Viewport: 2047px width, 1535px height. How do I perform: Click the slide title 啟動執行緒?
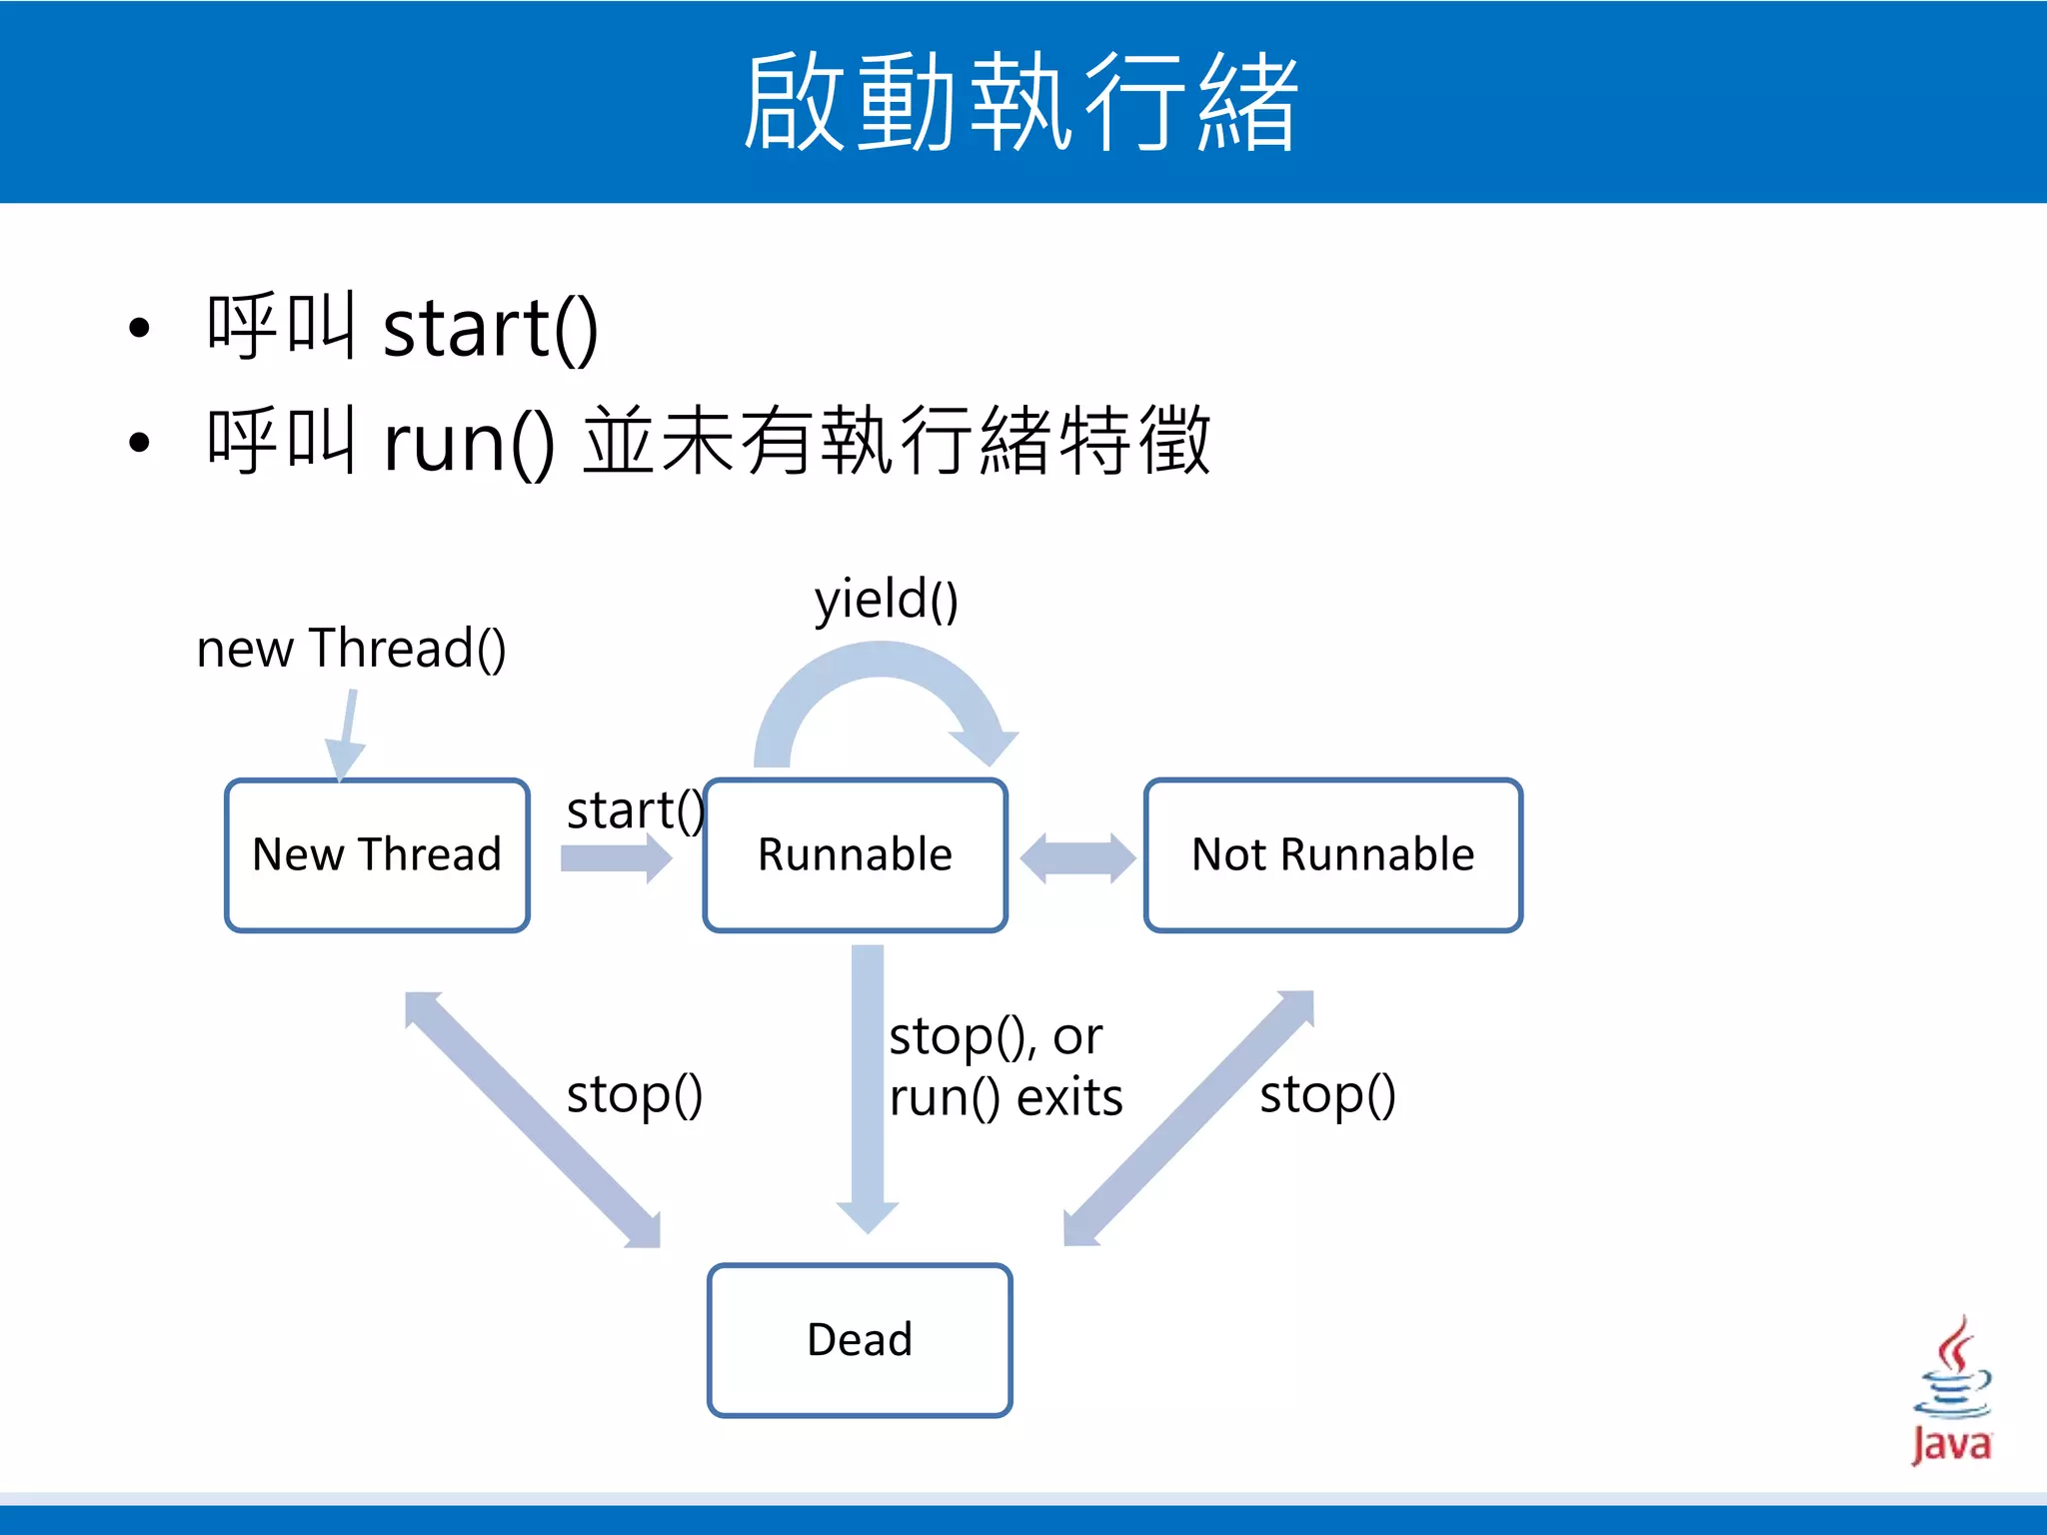click(x=1021, y=102)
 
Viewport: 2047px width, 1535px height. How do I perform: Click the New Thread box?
click(x=377, y=855)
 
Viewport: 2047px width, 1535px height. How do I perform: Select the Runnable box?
click(x=855, y=855)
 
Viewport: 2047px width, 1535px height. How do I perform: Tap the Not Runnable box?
click(x=1332, y=855)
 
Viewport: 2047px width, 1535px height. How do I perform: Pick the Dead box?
click(x=860, y=1340)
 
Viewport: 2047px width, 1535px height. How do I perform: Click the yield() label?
click(x=886, y=601)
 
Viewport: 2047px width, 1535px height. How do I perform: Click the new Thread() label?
click(x=351, y=649)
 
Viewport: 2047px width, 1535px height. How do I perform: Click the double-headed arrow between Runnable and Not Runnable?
click(x=1077, y=858)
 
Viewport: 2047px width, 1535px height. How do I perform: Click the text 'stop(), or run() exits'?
click(x=1005, y=1066)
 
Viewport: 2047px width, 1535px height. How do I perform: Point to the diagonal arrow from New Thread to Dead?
click(x=533, y=1119)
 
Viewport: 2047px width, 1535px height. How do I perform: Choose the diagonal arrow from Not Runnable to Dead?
click(x=1189, y=1119)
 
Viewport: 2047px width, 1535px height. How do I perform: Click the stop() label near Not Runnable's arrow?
click(x=1327, y=1094)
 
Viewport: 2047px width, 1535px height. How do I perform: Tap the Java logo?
click(x=1951, y=1390)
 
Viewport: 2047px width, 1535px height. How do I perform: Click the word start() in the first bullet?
click(x=490, y=329)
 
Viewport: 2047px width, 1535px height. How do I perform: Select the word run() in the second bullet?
click(x=468, y=443)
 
